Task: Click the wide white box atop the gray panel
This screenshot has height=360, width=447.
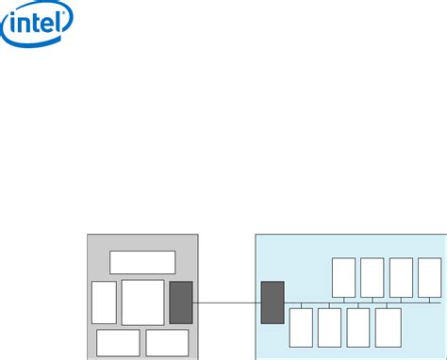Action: tap(142, 262)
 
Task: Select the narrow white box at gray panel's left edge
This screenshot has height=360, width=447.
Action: tap(104, 303)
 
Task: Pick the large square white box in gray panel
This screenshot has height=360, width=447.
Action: tap(142, 303)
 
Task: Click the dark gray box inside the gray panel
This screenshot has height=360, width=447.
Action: tap(181, 303)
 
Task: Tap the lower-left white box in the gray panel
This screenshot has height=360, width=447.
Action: tap(118, 342)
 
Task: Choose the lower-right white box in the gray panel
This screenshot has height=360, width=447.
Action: tap(167, 342)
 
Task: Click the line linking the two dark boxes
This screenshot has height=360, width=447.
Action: tap(226, 303)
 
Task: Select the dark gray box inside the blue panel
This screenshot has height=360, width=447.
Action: tap(273, 303)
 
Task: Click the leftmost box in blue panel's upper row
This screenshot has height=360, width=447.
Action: tap(343, 276)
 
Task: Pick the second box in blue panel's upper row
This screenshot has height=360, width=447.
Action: tap(372, 276)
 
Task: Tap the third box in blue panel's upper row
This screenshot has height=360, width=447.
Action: tap(402, 276)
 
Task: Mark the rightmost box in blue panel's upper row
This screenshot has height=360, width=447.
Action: tap(430, 276)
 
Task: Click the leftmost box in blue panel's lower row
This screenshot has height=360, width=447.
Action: tap(301, 327)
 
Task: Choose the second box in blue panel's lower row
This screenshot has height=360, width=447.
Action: tap(329, 327)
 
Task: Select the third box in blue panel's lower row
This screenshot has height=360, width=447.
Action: tap(358, 327)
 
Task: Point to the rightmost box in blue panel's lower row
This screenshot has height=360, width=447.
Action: tap(388, 327)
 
